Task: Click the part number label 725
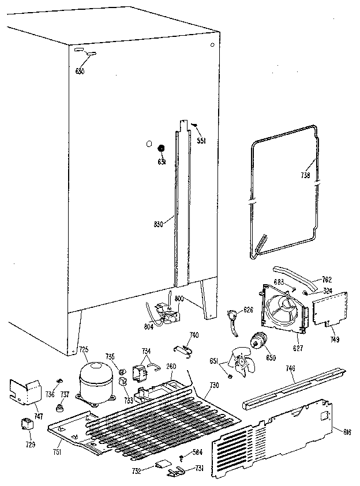(84, 349)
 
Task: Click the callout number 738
(306, 176)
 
